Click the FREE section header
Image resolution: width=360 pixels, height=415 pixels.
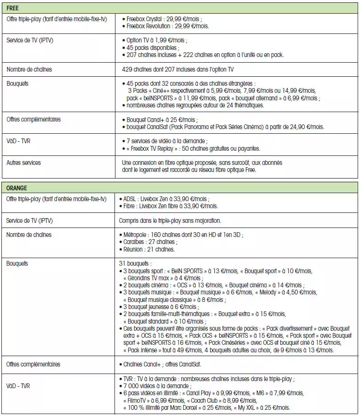(x=13, y=8)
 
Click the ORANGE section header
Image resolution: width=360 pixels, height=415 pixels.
(x=16, y=187)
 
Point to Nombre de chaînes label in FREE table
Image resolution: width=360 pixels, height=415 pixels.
(x=29, y=69)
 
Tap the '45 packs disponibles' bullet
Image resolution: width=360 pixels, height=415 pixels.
(x=152, y=48)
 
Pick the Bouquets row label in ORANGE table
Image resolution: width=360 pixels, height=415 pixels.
(x=18, y=263)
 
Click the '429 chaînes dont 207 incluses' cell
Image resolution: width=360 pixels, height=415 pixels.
(x=177, y=69)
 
